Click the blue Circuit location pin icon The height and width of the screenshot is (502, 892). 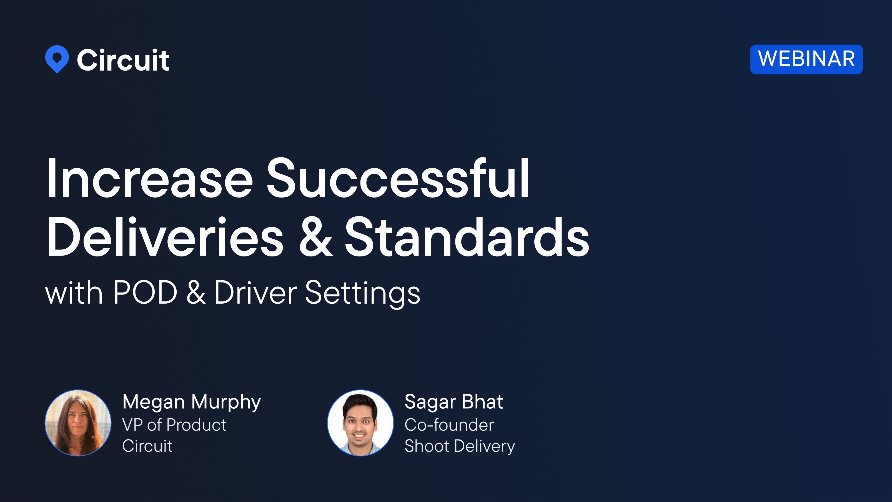[57, 59]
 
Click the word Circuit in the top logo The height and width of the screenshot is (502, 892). [123, 60]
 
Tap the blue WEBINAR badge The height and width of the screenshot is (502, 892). [806, 59]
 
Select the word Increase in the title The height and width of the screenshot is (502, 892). [150, 179]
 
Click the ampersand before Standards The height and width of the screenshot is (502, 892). [315, 237]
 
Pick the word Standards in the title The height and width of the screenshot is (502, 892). [467, 237]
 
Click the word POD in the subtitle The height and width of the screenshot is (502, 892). [145, 293]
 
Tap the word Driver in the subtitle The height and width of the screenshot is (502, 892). [255, 293]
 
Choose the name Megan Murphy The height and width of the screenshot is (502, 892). [192, 402]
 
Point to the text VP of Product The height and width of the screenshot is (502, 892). [174, 425]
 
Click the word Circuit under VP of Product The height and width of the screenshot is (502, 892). [147, 446]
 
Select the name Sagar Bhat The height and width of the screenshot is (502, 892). [453, 402]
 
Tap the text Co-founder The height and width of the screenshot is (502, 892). [449, 425]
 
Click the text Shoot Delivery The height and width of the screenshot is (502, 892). [460, 446]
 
